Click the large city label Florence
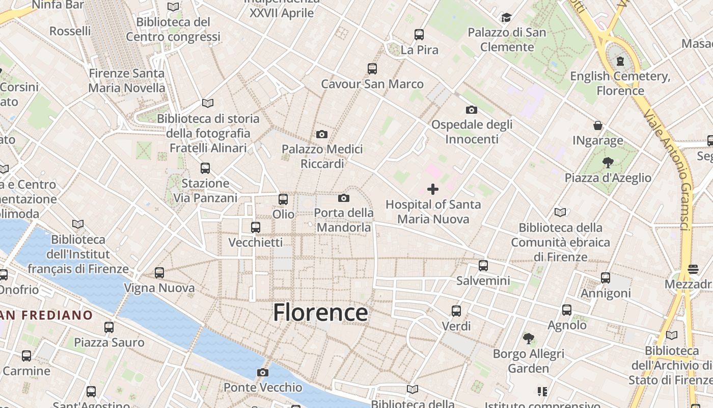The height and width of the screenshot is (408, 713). (320, 312)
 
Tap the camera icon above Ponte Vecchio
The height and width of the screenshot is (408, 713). (263, 372)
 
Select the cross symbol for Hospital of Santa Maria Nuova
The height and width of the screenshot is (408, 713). (433, 189)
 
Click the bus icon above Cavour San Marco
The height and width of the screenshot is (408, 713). (372, 68)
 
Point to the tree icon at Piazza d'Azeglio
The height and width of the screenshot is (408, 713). (608, 163)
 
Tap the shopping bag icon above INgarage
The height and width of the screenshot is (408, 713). (598, 125)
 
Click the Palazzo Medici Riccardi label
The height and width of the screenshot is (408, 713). (322, 156)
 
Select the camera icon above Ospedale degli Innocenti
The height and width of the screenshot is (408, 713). (472, 110)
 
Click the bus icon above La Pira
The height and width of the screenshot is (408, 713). (419, 35)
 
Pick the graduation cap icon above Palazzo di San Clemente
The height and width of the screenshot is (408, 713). (506, 18)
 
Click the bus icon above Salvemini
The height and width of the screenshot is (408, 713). (483, 265)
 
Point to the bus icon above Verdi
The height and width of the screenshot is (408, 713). (456, 311)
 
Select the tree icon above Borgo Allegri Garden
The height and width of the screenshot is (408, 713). (529, 338)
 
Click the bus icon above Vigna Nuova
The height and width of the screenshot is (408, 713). (159, 273)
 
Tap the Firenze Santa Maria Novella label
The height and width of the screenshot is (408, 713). (127, 81)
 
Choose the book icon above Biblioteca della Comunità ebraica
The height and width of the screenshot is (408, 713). (560, 212)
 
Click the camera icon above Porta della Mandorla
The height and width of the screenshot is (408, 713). (344, 198)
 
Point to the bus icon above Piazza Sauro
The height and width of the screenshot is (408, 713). (109, 327)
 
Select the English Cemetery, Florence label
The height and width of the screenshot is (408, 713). (620, 84)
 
